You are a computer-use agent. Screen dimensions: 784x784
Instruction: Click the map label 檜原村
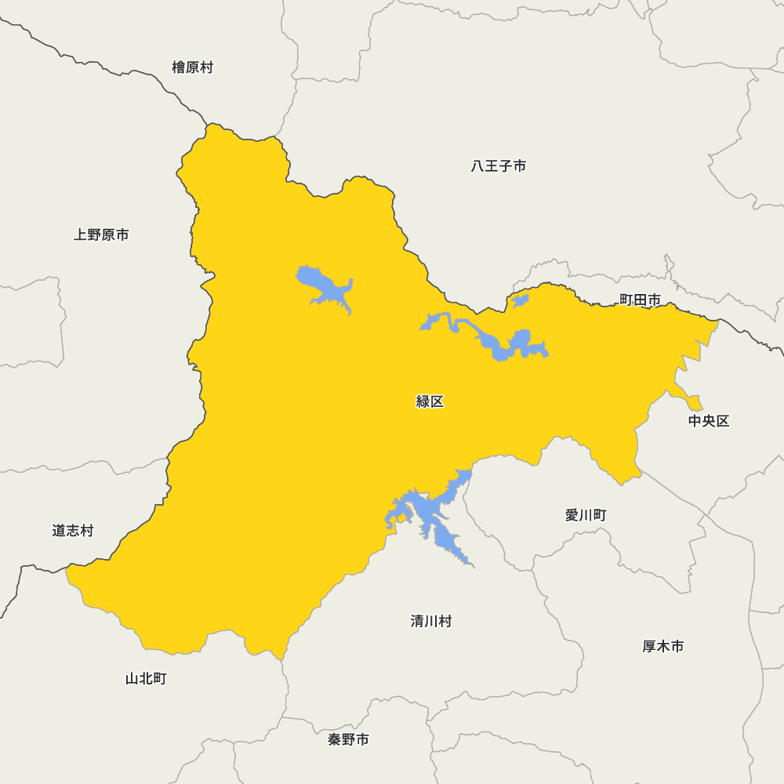[x=192, y=67]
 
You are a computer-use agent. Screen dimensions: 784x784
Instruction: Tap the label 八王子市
[x=499, y=166]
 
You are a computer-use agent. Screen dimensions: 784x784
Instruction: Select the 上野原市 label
[x=101, y=234]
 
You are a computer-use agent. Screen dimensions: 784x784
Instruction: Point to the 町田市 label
[x=640, y=299]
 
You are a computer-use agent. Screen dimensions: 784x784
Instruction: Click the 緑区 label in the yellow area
[x=430, y=401]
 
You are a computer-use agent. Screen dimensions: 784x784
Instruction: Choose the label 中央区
[x=709, y=421]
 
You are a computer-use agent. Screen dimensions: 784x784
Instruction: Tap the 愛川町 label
[x=586, y=515]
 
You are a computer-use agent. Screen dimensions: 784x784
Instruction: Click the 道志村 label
[x=73, y=531]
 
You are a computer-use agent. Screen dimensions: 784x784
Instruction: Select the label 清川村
[x=431, y=621]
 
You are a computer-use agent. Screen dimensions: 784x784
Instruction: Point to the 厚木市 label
[x=663, y=646]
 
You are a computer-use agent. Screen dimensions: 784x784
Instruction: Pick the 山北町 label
[x=146, y=678]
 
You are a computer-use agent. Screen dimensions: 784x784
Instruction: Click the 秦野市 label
[x=348, y=739]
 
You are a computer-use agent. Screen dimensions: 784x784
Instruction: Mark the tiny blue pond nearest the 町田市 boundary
[x=520, y=299]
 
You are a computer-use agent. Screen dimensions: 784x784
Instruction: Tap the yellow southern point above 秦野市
[x=278, y=652]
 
